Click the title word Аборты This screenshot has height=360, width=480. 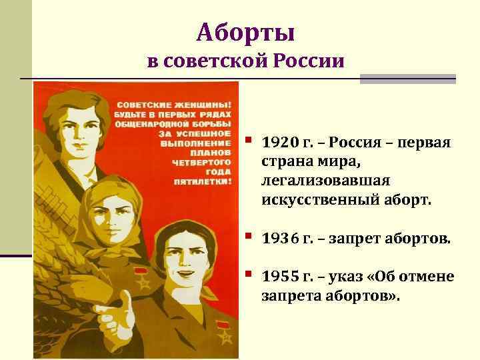[246, 32]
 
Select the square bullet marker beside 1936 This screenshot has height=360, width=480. [249, 236]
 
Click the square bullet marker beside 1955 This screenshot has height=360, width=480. [249, 274]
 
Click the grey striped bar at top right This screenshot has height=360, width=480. [407, 79]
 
